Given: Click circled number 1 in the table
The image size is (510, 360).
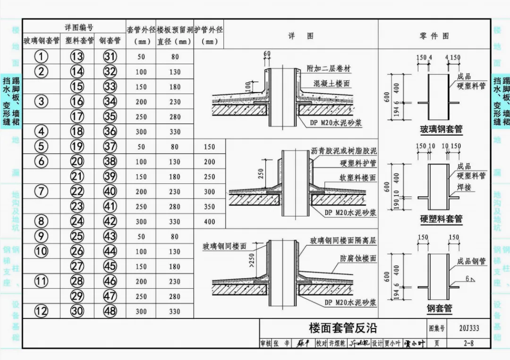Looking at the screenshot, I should [x=41, y=57].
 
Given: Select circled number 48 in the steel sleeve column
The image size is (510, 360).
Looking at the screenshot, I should [x=110, y=311].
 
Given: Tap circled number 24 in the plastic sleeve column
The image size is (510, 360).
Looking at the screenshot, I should [x=77, y=222].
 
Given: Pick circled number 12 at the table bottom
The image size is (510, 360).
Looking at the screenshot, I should [x=41, y=311].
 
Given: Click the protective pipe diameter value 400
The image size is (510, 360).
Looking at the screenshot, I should [x=209, y=222].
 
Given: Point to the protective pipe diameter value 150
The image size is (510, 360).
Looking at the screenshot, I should [x=209, y=147].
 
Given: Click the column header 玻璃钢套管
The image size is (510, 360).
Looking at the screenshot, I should [x=41, y=41].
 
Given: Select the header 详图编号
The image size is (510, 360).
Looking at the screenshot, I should [x=79, y=27].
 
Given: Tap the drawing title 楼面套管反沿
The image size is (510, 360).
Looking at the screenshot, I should [x=343, y=328].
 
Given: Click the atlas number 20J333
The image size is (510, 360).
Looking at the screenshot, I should [x=468, y=328].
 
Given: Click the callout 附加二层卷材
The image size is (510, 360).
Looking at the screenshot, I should [x=329, y=69].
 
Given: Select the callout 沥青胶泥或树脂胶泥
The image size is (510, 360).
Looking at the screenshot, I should [x=344, y=151].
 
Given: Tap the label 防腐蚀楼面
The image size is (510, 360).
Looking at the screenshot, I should [x=358, y=258].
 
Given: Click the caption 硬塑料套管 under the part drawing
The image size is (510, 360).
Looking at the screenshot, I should [x=441, y=219].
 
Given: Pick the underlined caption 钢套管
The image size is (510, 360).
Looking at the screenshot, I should [x=440, y=309].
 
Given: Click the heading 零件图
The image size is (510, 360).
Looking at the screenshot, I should [x=434, y=36].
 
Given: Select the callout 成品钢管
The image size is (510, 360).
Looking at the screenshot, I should [x=471, y=261].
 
